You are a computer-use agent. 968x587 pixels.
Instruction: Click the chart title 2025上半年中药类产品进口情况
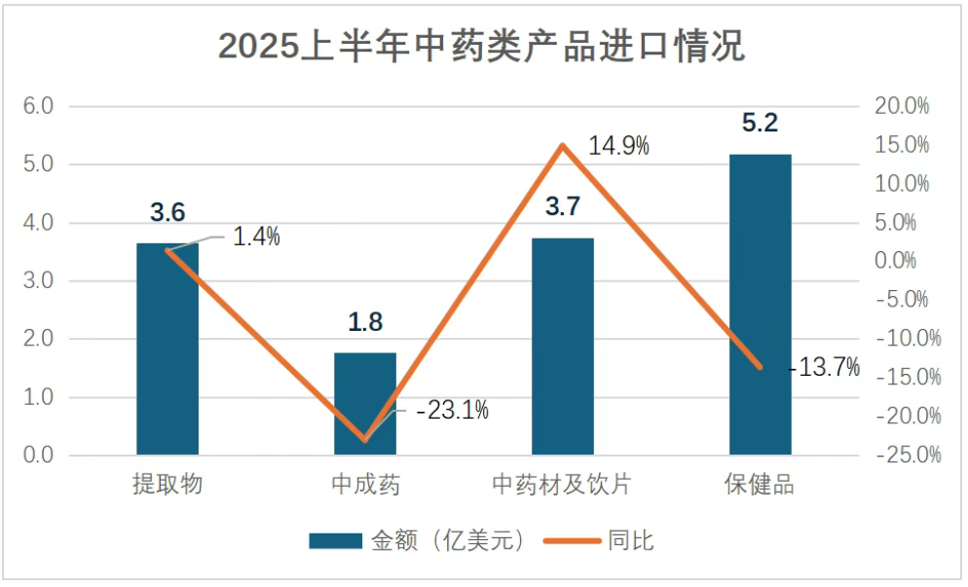tap(482, 45)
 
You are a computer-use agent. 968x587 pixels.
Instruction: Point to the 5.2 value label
tap(761, 124)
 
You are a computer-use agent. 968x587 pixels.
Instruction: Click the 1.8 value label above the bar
tap(365, 322)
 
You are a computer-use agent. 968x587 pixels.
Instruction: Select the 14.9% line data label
tap(619, 146)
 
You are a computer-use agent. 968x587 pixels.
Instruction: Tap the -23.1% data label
tap(452, 411)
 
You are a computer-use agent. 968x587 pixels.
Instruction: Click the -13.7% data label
tap(824, 367)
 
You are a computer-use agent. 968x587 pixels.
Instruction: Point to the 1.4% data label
tap(256, 236)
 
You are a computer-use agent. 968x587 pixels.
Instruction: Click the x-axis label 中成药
tap(365, 484)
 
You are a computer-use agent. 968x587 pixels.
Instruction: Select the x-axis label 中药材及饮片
tap(563, 484)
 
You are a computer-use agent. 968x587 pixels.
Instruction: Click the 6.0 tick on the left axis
tap(38, 106)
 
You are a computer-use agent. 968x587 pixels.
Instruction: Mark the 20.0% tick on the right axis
tap(903, 106)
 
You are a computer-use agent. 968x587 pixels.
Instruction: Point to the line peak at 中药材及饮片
tap(563, 146)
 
